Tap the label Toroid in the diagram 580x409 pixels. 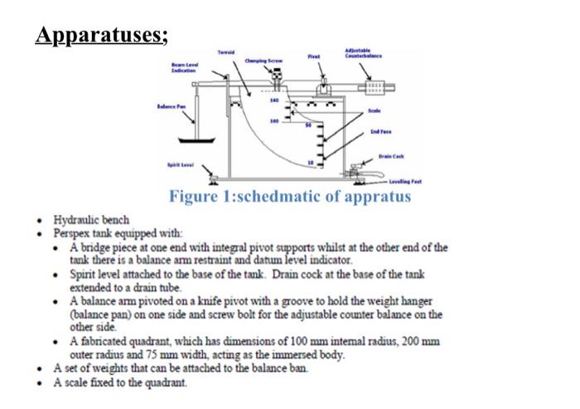coord(226,51)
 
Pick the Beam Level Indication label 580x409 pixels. coord(183,67)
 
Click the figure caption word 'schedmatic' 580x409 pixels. coord(277,197)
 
